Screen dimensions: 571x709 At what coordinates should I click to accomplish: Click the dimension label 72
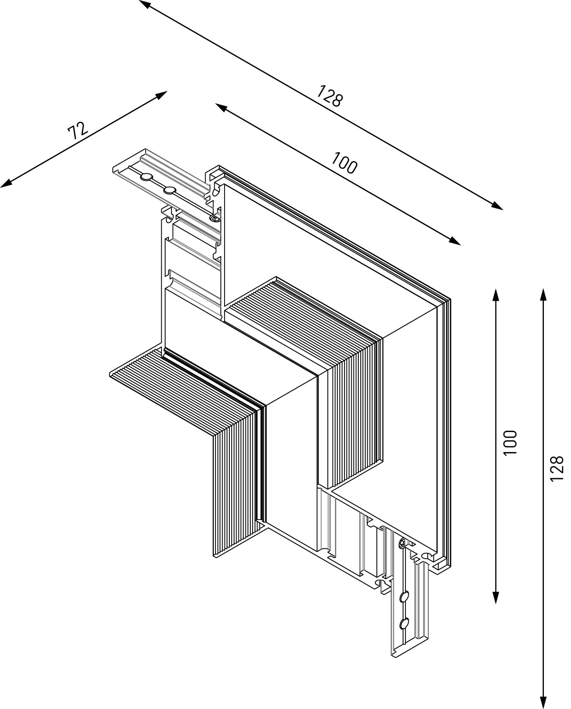(x=78, y=130)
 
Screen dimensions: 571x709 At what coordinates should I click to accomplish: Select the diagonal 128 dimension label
(x=330, y=96)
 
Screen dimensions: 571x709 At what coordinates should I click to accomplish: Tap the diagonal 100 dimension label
(x=345, y=163)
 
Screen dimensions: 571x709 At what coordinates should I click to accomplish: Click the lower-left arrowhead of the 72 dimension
(x=6, y=184)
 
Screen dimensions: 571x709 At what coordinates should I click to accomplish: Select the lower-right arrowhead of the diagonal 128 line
(x=497, y=206)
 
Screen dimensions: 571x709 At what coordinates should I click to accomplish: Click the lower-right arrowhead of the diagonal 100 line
(x=454, y=241)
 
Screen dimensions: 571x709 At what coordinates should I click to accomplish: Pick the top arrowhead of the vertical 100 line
(x=496, y=295)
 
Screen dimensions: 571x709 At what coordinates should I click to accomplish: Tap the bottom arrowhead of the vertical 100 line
(x=496, y=597)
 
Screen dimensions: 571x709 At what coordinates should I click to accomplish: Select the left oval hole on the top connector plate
(x=146, y=177)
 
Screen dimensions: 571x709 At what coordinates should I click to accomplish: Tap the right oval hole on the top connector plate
(x=170, y=190)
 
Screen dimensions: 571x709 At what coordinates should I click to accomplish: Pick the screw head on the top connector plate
(x=215, y=217)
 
